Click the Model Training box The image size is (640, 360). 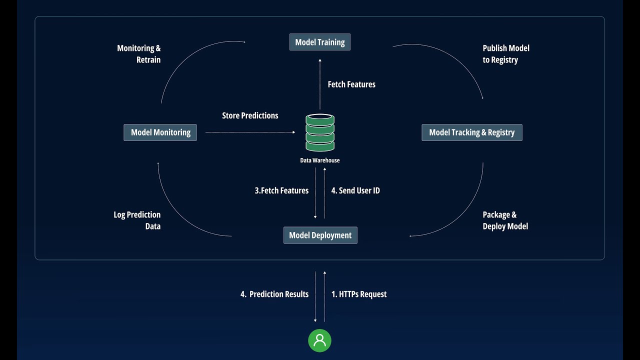coord(320,42)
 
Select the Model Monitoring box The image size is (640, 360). coord(160,132)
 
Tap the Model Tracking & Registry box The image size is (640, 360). coord(471,132)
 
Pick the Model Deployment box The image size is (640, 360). coord(320,235)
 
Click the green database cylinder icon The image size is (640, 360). coord(320,132)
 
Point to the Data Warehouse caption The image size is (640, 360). coord(320,160)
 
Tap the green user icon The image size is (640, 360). coord(320,340)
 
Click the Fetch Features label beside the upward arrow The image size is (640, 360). coord(351,84)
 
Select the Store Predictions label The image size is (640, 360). coord(250,115)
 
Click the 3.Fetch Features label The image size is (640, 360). coord(281,190)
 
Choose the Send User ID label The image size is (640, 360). coord(355,190)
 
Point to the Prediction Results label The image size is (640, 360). coord(274,294)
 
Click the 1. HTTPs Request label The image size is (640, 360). coord(359,294)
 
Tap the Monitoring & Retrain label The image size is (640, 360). coord(139,54)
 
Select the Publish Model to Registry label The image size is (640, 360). coord(505,54)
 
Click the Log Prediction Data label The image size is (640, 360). coord(137,220)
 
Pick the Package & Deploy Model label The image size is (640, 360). coord(505,220)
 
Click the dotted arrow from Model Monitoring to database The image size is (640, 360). coord(250,132)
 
